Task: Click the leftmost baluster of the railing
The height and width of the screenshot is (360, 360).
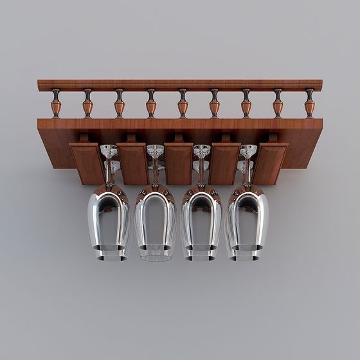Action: coord(56,103)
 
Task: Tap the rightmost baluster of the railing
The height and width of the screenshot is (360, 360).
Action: coord(310,103)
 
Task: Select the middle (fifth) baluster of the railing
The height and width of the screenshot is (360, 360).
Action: coord(183,103)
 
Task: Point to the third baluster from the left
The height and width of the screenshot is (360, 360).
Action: coord(119,103)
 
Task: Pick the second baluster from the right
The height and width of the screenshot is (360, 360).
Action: coord(278,103)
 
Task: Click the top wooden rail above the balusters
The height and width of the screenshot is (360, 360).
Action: coord(180,84)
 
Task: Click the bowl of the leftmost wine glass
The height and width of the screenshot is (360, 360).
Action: coord(108,219)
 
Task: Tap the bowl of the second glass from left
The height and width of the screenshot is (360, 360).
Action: coord(155,219)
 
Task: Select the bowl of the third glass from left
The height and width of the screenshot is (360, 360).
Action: coord(201,219)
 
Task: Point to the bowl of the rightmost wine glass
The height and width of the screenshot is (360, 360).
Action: coord(248,219)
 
